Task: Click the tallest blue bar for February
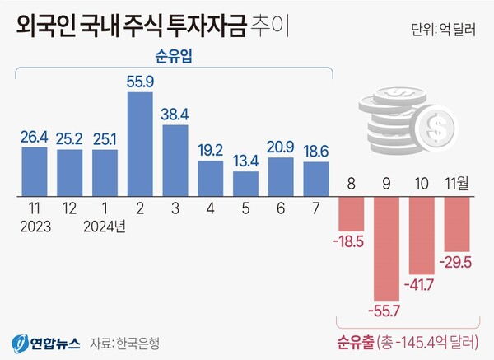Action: [x=140, y=144]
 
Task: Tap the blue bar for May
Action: [x=246, y=184]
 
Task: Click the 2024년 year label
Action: [x=105, y=226]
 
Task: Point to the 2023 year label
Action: [x=35, y=226]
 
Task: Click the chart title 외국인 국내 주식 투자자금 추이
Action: [x=153, y=26]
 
